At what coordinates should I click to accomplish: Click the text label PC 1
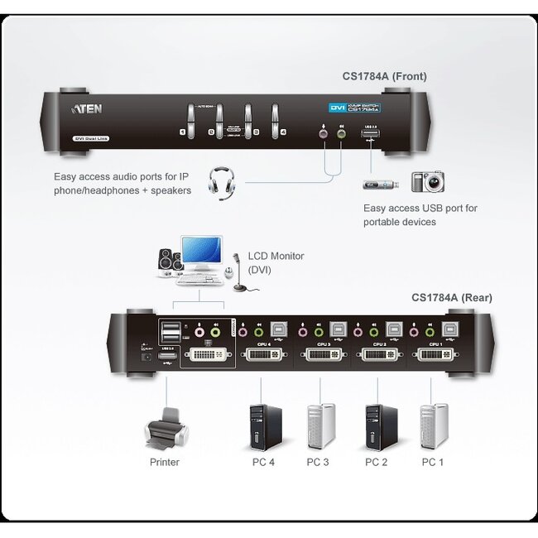432,462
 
